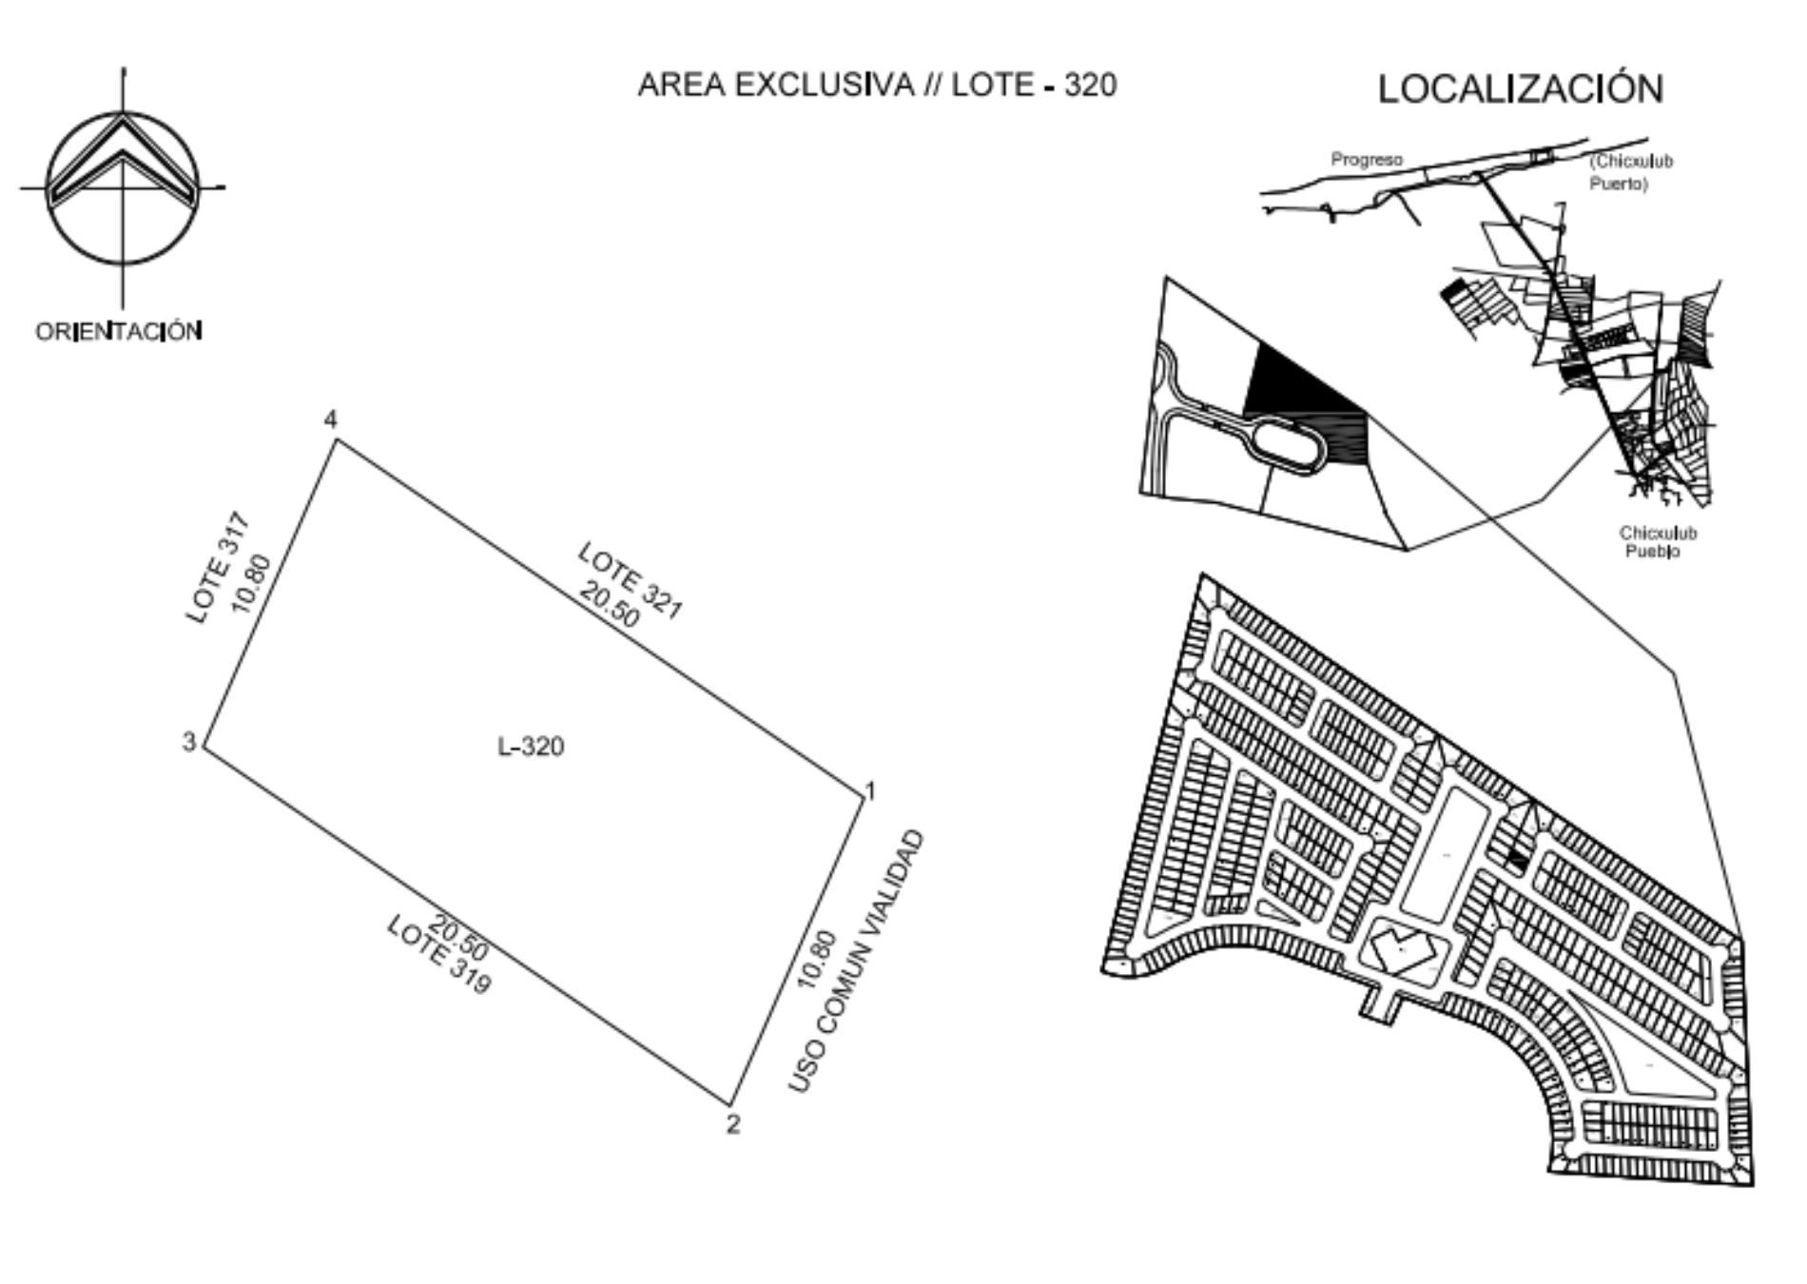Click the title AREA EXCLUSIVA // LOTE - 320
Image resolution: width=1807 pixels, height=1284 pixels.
[x=877, y=85]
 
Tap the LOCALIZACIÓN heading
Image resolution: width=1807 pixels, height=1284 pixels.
[x=1521, y=88]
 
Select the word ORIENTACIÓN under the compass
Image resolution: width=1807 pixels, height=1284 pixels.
[x=119, y=331]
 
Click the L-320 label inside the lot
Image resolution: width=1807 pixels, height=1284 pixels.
[x=531, y=747]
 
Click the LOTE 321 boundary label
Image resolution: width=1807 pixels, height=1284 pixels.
[x=631, y=580]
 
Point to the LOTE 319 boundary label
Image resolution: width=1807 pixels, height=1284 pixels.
[x=439, y=955]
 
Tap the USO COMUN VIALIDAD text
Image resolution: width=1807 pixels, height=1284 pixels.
[x=856, y=961]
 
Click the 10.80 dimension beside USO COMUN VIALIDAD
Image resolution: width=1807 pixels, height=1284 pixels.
[x=817, y=960]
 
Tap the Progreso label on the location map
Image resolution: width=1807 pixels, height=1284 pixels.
[x=1367, y=160]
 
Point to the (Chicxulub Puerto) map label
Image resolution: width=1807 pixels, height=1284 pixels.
[x=1631, y=172]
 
